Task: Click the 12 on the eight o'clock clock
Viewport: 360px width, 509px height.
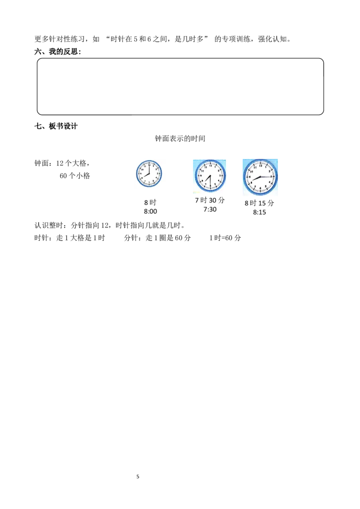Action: coord(149,165)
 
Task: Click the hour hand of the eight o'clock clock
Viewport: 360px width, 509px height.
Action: coord(147,176)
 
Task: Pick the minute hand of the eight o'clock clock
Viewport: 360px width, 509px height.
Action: coord(149,169)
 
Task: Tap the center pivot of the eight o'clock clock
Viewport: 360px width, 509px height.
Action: coord(149,174)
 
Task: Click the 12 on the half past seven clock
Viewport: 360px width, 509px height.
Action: coord(211,165)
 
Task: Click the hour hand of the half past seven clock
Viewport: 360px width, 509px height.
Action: coord(208,180)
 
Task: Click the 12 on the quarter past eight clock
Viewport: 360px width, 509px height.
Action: coord(261,165)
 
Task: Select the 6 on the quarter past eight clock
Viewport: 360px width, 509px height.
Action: coord(261,188)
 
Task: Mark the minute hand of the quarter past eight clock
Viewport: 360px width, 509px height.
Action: coord(266,177)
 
